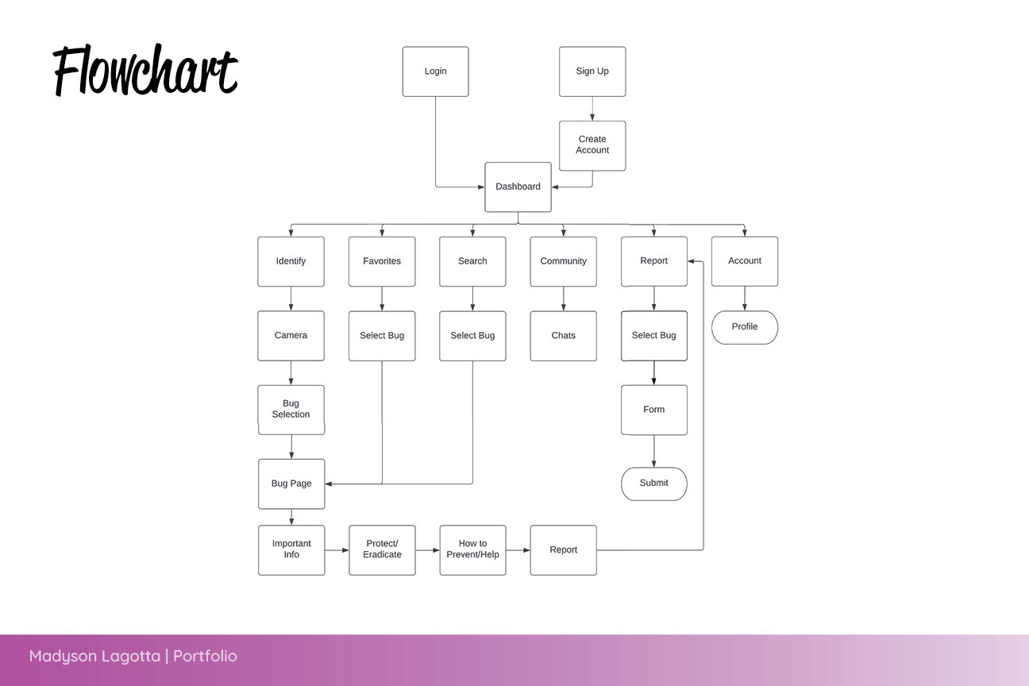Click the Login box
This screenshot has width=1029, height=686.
pos(435,71)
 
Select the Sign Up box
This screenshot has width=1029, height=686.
pos(592,71)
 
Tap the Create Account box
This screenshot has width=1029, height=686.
pos(592,145)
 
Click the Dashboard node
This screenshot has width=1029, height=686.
pos(518,187)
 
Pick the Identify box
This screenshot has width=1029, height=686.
pos(291,261)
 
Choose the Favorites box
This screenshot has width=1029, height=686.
pos(382,261)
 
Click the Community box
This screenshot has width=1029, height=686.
pos(564,261)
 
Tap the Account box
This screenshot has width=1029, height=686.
pos(745,261)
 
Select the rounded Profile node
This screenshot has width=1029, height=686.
pos(745,327)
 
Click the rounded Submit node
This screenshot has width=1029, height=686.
pos(654,484)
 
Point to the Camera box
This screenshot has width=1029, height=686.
pos(291,336)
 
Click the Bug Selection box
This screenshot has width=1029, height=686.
pos(291,410)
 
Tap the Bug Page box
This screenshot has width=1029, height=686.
pos(291,484)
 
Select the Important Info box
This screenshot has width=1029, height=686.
pos(291,549)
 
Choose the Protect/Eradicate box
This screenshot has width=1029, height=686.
pos(382,549)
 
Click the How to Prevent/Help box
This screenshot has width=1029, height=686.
pos(472,549)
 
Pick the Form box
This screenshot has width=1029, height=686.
pos(654,410)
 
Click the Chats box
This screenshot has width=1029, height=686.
pos(564,336)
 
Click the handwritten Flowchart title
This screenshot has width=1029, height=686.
pos(145,71)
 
